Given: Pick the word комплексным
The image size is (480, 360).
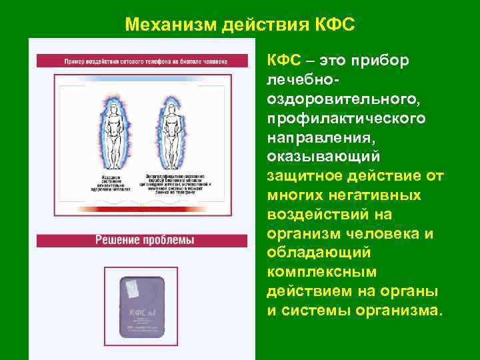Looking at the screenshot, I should (322, 273).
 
